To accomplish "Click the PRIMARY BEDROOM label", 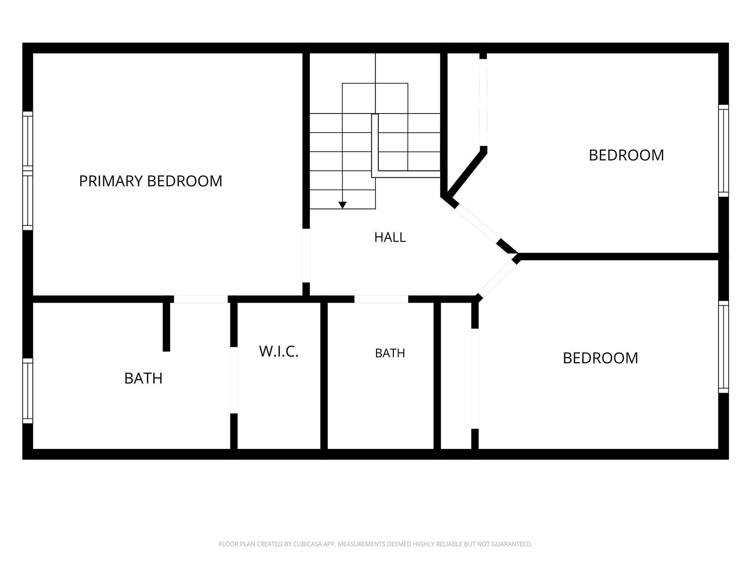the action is pos(151,181).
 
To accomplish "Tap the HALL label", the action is pos(390,237).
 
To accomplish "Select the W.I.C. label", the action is pos(278,351).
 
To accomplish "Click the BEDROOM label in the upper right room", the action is pos(626,155).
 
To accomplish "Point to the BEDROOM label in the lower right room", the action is pos(600,358).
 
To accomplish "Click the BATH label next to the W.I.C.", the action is pos(390,353).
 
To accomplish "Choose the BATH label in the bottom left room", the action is pos(143,379).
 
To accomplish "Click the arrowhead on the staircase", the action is pos(343,205).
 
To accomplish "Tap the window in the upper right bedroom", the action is pos(723,151).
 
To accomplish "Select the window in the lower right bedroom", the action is pos(723,347).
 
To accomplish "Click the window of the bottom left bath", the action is pos(28,391).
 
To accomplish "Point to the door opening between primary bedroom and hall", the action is pos(306,256).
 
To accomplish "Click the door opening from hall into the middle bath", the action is pos(381,299).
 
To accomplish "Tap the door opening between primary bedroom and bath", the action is pos(201,299).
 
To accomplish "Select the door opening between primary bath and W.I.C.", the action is pos(234,380).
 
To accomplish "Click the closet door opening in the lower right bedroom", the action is pos(475,379).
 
